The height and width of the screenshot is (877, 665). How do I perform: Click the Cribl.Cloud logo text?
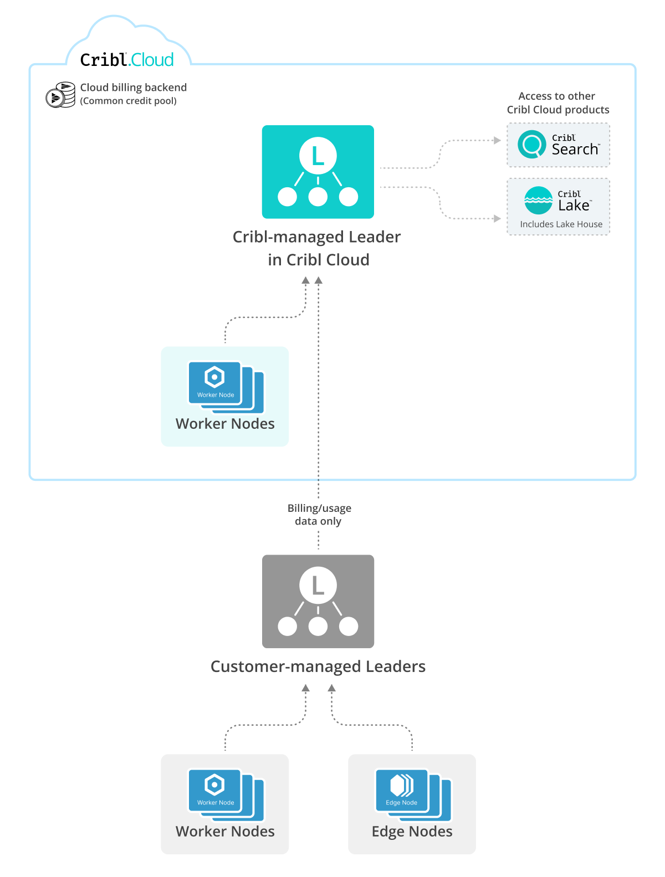(x=127, y=60)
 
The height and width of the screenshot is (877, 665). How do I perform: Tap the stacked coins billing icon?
(x=60, y=95)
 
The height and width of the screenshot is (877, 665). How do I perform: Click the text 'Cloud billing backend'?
(x=134, y=88)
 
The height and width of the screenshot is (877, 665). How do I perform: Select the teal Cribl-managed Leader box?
(x=318, y=172)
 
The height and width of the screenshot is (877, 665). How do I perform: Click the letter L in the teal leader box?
(x=318, y=156)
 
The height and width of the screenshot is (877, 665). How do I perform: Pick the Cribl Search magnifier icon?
(x=531, y=145)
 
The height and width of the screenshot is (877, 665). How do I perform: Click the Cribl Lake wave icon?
(x=538, y=201)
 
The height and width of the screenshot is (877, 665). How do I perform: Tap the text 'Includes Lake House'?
(x=561, y=224)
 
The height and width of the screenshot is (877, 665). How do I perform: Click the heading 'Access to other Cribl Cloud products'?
(x=557, y=103)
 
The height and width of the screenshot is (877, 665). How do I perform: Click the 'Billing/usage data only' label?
(x=319, y=515)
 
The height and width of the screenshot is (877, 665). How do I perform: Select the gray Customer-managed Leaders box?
(x=318, y=601)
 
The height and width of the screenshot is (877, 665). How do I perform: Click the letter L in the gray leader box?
(x=318, y=586)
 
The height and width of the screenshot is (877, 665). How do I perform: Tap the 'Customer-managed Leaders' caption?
(x=318, y=666)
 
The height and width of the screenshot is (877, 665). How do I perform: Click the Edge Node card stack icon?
(x=413, y=793)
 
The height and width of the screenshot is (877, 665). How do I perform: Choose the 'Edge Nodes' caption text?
(x=412, y=832)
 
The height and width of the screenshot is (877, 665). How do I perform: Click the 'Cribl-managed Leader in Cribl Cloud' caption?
(x=317, y=248)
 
